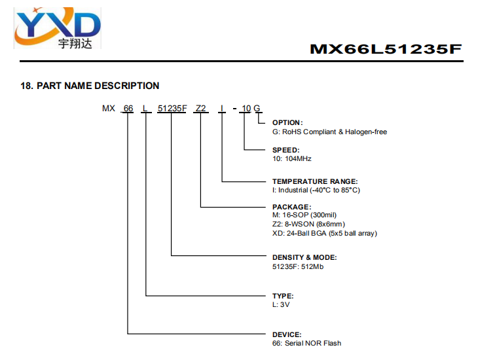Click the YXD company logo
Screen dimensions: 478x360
pos(58,28)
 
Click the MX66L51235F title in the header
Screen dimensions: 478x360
pos(386,49)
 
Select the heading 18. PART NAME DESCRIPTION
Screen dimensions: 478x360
pos(90,86)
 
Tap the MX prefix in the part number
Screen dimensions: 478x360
pos(109,109)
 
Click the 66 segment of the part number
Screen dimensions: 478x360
pos(128,109)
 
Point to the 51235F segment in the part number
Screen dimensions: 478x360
pos(172,109)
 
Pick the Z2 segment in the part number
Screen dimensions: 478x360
pos(200,109)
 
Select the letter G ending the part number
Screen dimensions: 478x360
pos(257,109)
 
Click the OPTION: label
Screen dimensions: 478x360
pos(287,122)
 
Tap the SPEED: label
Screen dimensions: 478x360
pos(286,150)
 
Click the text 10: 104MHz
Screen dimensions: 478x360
pos(292,159)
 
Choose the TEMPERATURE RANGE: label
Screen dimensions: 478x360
pos(315,181)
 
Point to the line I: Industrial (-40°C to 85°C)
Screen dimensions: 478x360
pos(316,190)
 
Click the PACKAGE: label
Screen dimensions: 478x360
pos(292,207)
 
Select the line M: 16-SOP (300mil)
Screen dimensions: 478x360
pos(304,215)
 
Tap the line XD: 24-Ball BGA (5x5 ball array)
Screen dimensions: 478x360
pos(325,234)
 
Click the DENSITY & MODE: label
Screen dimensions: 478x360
pos(304,258)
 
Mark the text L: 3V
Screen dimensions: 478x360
pos(281,304)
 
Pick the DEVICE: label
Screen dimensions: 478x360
pos(287,334)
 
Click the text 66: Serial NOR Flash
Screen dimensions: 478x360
pos(306,343)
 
